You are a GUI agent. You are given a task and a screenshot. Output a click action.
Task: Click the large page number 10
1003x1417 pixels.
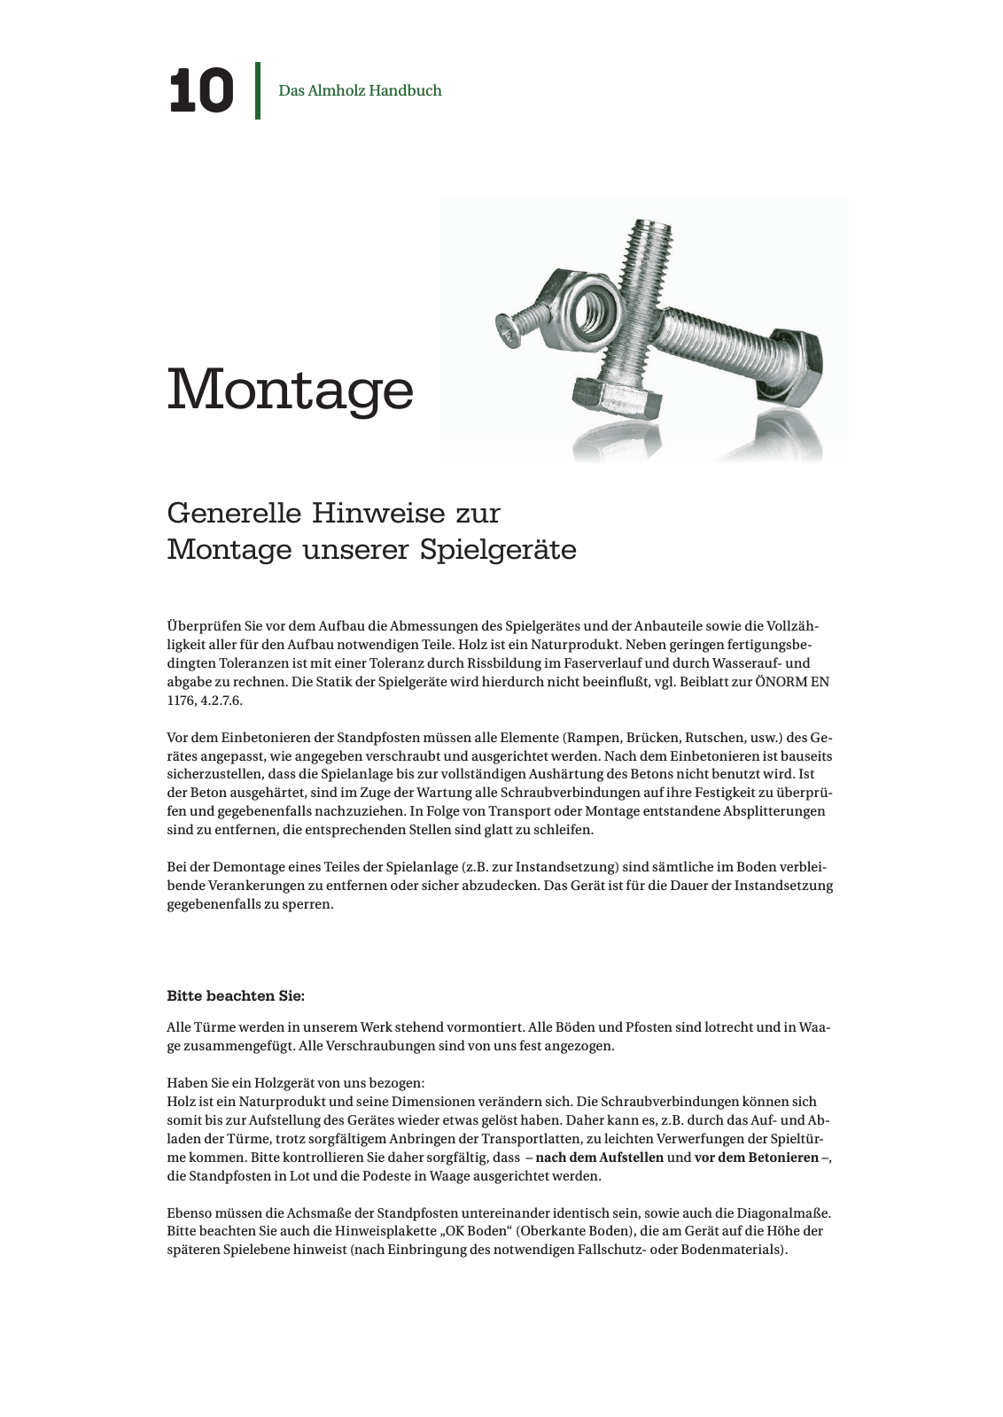click(201, 90)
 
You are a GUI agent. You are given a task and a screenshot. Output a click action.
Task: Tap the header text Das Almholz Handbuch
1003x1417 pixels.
click(360, 90)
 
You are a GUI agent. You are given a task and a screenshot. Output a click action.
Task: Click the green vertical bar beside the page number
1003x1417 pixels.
click(258, 90)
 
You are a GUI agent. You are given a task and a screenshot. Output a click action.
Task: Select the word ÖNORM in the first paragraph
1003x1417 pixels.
click(780, 682)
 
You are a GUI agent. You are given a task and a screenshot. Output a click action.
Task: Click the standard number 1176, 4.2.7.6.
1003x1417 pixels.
click(204, 701)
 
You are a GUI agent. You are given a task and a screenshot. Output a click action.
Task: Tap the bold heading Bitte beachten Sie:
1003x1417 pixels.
click(236, 996)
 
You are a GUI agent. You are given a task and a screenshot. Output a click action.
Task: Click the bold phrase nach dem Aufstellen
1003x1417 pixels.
click(600, 1158)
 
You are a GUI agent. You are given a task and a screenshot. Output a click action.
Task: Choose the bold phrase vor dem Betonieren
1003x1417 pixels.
click(757, 1158)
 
